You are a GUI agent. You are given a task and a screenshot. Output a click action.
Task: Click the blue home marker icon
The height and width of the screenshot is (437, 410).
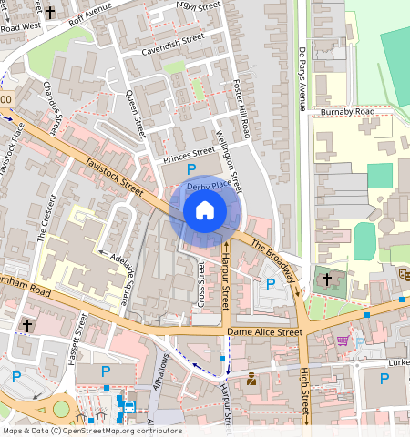205,210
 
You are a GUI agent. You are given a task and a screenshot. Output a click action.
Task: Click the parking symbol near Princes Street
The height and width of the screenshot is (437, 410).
190,170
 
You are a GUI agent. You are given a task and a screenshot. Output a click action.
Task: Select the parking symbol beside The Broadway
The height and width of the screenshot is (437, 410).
270,284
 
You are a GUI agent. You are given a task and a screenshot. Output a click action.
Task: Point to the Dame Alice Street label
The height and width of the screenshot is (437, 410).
264,333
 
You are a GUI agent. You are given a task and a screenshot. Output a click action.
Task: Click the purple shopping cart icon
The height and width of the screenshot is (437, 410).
343,340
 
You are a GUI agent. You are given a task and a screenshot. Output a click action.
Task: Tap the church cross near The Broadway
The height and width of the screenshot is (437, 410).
326,280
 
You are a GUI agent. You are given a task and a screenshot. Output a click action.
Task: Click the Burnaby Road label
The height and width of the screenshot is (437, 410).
347,111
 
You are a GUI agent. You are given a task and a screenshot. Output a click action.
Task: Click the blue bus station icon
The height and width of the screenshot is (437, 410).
129,407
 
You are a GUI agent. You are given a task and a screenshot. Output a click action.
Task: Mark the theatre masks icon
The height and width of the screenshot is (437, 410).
403,272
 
